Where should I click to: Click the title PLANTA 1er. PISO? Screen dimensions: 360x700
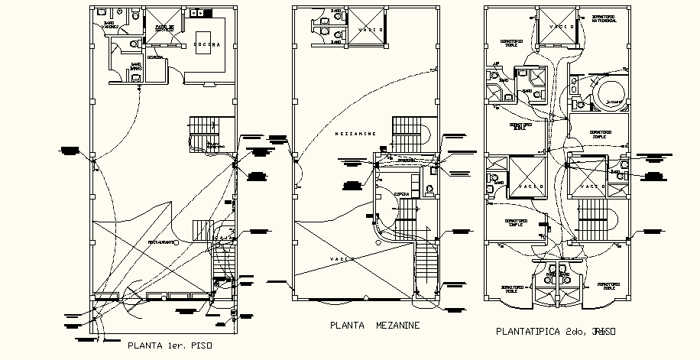(169, 346)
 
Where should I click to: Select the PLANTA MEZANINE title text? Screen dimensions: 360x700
(374, 326)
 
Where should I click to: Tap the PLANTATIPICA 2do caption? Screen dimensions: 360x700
(556, 332)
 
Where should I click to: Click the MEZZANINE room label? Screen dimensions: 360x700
(355, 133)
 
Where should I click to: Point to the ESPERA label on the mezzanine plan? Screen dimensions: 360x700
(400, 195)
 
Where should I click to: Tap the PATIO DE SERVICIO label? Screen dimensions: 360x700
(165, 28)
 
